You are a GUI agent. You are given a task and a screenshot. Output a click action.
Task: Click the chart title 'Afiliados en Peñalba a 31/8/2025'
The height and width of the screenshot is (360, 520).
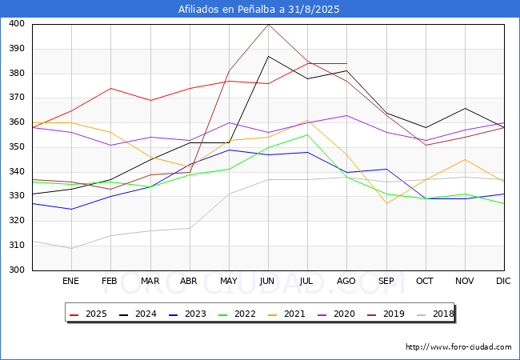click(259, 9)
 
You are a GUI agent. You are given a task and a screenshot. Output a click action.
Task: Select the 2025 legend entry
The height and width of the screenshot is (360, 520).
click(88, 314)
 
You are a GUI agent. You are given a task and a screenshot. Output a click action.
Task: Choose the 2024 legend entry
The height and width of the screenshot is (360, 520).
click(138, 314)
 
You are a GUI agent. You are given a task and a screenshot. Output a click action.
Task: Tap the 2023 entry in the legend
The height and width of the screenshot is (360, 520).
click(187, 314)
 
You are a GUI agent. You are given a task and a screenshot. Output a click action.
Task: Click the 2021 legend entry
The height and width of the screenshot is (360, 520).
click(286, 314)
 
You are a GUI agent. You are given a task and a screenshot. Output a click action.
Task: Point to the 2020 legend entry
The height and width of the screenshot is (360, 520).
click(336, 314)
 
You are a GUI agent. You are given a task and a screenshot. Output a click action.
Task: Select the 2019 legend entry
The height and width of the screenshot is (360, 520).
click(386, 314)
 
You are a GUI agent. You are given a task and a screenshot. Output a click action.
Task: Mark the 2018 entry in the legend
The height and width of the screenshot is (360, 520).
click(435, 314)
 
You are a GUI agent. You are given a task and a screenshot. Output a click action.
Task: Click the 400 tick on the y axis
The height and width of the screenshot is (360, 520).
click(17, 23)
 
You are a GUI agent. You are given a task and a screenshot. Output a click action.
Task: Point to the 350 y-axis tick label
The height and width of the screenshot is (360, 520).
click(17, 146)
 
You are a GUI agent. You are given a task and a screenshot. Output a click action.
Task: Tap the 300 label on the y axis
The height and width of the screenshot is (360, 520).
click(17, 270)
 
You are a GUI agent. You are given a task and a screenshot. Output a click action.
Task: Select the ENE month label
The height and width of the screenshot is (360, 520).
click(70, 281)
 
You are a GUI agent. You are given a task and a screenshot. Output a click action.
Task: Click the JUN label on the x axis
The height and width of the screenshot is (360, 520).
click(267, 281)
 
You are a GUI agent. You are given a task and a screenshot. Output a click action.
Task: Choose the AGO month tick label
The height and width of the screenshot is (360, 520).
click(346, 281)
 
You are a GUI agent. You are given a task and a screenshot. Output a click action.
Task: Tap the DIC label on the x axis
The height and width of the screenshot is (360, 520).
click(503, 281)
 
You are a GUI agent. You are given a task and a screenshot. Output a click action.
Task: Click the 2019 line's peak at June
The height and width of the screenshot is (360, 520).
click(268, 24)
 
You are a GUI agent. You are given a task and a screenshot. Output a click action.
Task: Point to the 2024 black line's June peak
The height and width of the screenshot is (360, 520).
click(268, 56)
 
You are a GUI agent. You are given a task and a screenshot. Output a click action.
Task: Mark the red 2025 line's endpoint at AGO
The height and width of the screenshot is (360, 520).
click(347, 63)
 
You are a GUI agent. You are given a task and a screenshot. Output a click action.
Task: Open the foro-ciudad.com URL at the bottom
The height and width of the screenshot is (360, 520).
click(458, 347)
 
